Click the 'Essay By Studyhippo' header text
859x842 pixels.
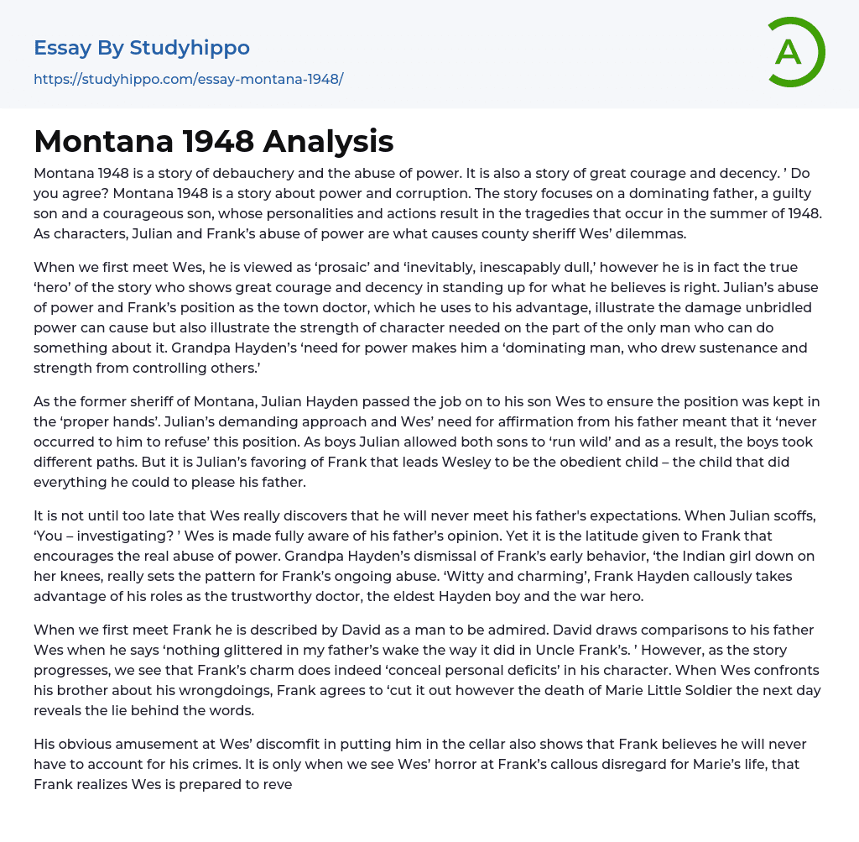[x=142, y=48]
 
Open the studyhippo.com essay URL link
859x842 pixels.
[x=189, y=80]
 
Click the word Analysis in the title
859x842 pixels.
[x=328, y=142]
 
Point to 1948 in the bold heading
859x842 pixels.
[x=213, y=142]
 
